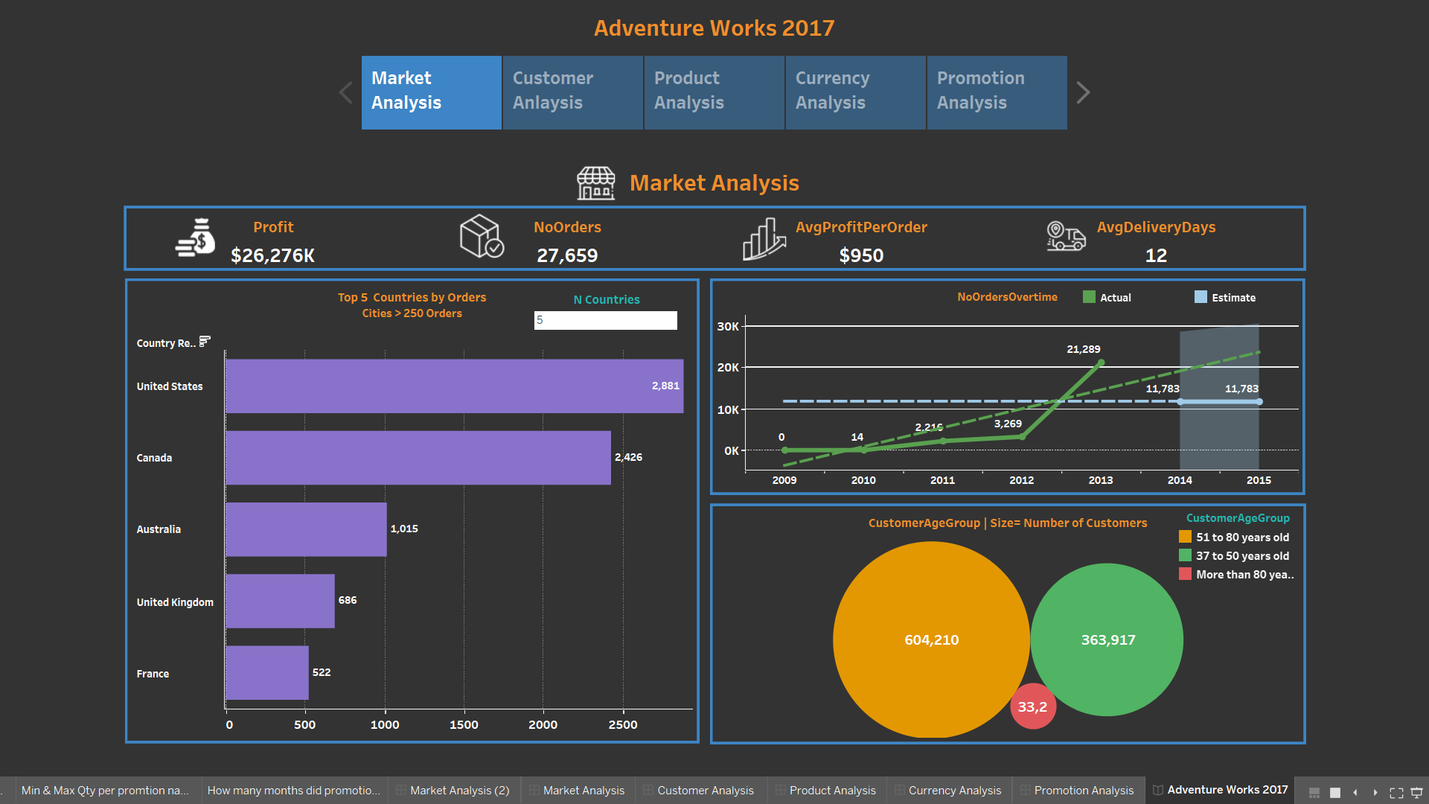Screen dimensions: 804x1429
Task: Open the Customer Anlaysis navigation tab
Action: point(572,92)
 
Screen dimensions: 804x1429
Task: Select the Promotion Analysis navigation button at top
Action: point(997,92)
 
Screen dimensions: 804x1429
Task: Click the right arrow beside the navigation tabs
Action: point(1083,92)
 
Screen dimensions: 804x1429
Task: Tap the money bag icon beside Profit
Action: point(196,238)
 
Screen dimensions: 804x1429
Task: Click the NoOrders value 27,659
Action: point(567,255)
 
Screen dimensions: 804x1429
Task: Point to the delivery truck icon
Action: point(1066,237)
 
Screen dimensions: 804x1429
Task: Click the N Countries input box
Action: point(605,320)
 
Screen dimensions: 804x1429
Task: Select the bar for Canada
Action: point(418,458)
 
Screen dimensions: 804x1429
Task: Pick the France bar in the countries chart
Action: point(266,673)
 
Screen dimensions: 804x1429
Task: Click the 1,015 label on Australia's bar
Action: point(404,529)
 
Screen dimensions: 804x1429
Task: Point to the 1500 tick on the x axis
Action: point(464,724)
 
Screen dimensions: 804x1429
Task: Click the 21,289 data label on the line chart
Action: point(1083,349)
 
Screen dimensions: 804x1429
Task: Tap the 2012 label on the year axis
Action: point(1021,480)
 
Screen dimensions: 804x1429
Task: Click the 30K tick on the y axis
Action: point(727,326)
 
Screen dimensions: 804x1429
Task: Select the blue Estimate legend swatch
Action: point(1201,297)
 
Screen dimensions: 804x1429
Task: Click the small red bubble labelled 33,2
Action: point(1032,706)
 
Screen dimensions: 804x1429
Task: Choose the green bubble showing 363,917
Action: point(1107,639)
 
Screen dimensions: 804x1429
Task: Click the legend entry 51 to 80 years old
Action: point(1242,537)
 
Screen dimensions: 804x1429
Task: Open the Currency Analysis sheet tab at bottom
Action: point(954,790)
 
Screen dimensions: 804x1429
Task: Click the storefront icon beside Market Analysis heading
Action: point(596,183)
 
